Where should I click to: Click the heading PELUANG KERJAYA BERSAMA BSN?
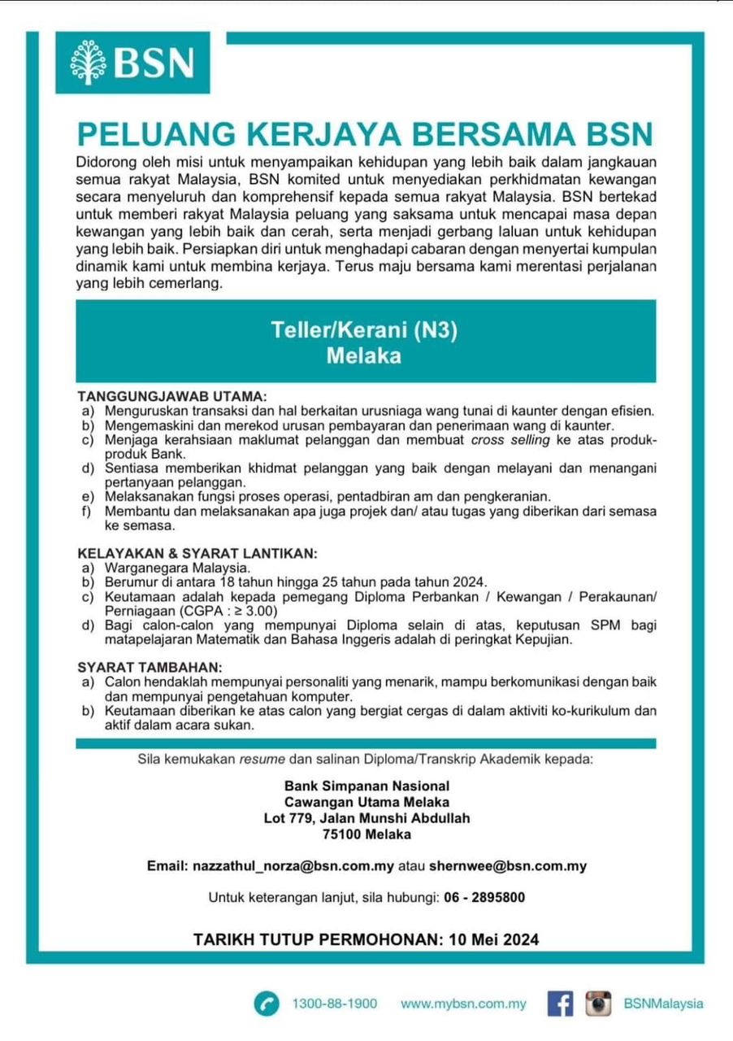pos(365,133)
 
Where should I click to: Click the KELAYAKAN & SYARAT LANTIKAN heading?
pos(196,553)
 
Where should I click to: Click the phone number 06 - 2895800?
pos(485,898)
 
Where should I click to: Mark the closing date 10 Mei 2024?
pos(493,939)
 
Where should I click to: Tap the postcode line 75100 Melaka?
pos(366,834)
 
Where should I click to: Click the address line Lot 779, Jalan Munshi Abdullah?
pos(366,818)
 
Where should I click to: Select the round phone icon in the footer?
pos(265,1004)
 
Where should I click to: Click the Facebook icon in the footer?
pos(559,1004)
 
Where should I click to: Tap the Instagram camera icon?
pos(598,1004)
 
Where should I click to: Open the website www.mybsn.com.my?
pos(463,1004)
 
